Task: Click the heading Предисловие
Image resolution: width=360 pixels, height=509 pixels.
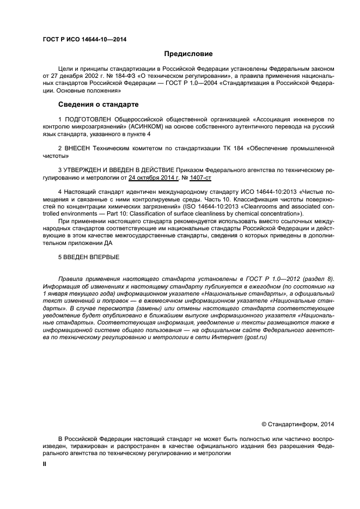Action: (x=188, y=54)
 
